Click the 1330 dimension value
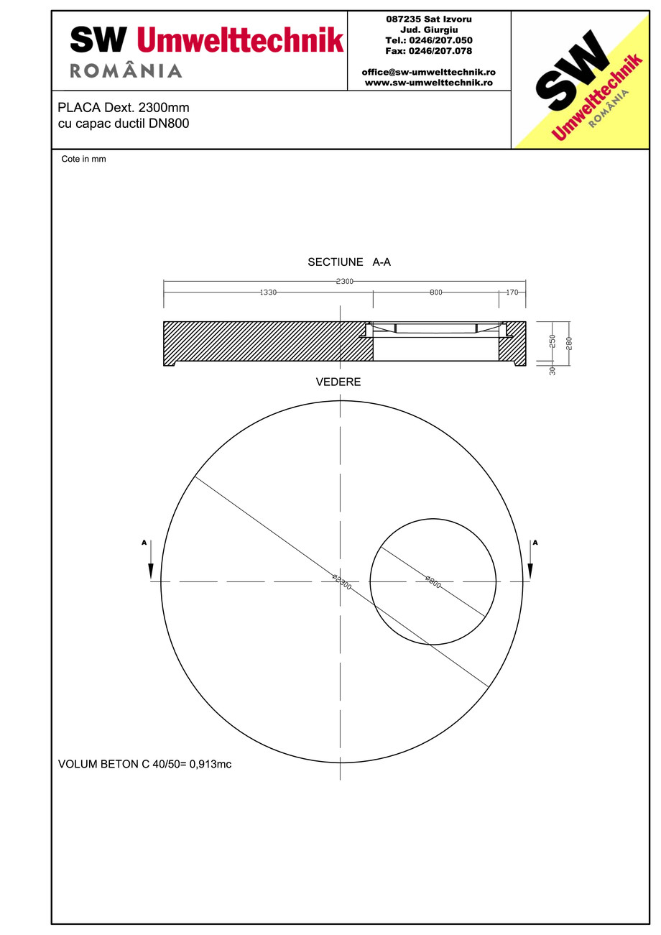(x=267, y=293)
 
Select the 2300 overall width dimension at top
(x=344, y=281)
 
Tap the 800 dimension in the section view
(x=436, y=293)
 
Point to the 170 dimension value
(x=512, y=293)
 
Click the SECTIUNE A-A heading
(x=349, y=262)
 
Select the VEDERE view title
(x=338, y=382)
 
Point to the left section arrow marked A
(x=150, y=561)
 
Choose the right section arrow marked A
(x=531, y=561)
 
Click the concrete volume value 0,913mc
(x=210, y=764)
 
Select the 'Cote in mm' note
(x=83, y=159)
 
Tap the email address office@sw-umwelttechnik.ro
(x=428, y=72)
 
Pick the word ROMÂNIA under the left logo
(x=126, y=70)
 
